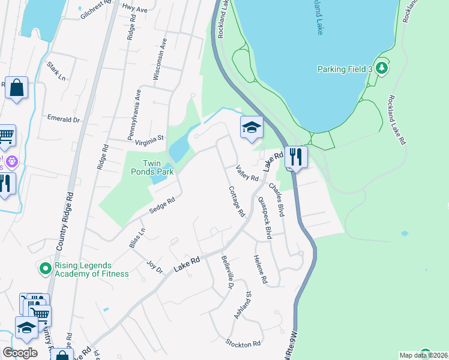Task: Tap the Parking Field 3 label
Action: (345, 70)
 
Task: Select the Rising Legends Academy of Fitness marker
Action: (44, 269)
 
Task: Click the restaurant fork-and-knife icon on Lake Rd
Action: (295, 157)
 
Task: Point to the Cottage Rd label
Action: (237, 201)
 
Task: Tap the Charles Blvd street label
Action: (277, 200)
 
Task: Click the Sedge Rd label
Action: (162, 205)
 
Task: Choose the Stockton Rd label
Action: (243, 344)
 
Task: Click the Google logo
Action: (20, 353)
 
